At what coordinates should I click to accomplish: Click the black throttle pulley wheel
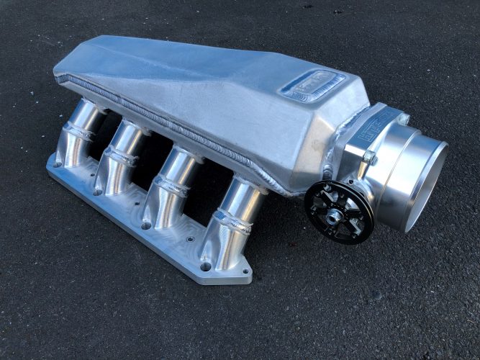click(x=338, y=212)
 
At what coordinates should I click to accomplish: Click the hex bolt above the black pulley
click(x=368, y=156)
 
